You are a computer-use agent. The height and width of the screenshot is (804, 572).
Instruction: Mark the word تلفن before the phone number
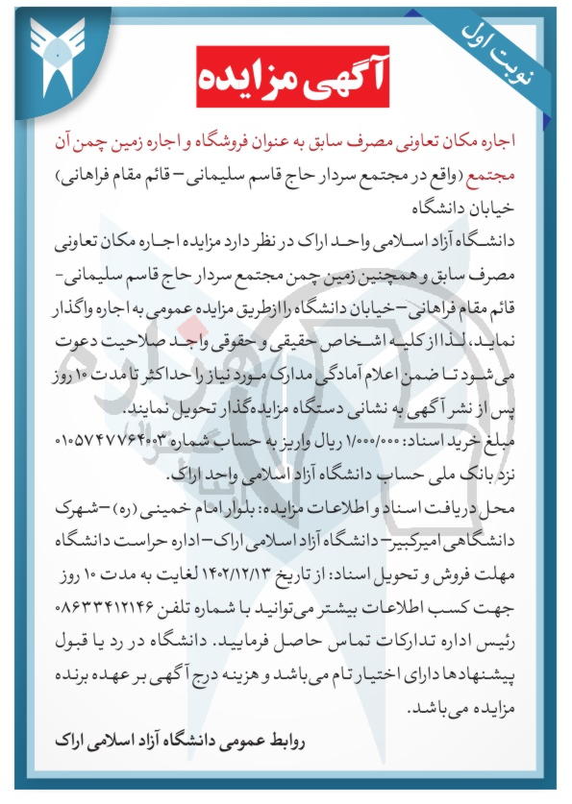[167, 606]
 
